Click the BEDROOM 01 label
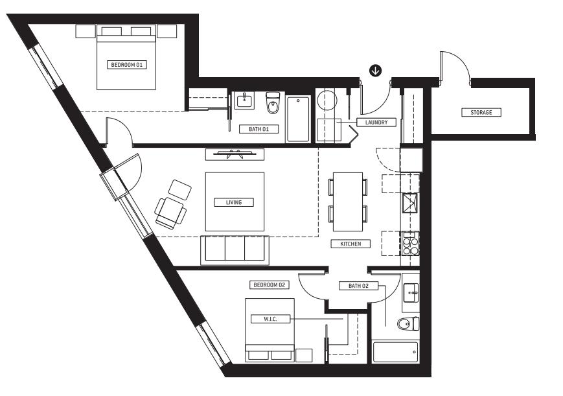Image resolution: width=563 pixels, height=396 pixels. tap(127, 65)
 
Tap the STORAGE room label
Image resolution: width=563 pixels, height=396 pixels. tap(481, 113)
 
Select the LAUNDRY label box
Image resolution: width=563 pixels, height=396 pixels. tap(376, 122)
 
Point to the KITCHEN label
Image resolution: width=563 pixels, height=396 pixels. tap(350, 244)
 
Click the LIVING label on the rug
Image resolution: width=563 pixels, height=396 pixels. tap(234, 202)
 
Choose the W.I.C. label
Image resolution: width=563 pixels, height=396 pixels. tap(270, 319)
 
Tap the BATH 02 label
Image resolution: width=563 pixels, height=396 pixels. tap(358, 286)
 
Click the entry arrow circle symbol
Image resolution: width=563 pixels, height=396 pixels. tap(375, 71)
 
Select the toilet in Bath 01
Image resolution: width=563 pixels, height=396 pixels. tap(273, 102)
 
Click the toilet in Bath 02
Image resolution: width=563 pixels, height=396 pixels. tap(409, 324)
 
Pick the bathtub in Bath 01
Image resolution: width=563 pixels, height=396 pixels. tap(298, 119)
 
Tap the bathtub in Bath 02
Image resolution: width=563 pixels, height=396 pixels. tap(395, 352)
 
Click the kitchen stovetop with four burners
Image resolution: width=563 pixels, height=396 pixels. tap(410, 243)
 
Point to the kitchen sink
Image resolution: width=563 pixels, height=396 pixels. tap(410, 203)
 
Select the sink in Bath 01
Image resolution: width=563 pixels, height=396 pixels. tap(245, 100)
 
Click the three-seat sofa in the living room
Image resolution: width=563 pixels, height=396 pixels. tap(235, 250)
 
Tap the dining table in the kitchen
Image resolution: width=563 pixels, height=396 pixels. tap(348, 202)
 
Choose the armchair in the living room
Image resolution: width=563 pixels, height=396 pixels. tap(170, 213)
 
